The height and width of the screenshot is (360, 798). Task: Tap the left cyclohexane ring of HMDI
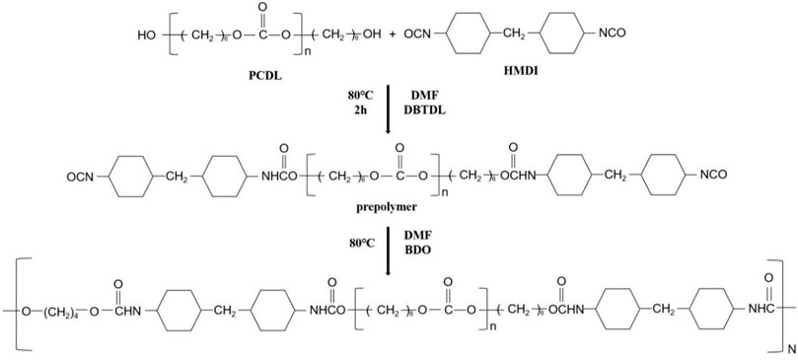[x=472, y=36]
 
